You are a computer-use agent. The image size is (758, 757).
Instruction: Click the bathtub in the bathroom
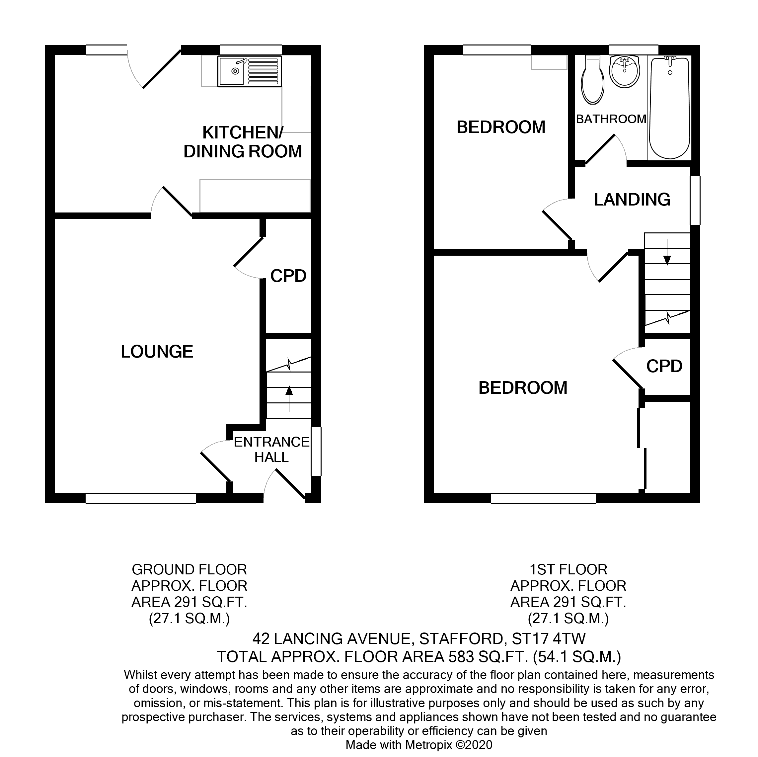click(x=670, y=108)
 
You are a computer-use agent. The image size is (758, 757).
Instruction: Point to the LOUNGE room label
click(x=157, y=352)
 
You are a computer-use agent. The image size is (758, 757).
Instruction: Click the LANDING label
click(x=632, y=200)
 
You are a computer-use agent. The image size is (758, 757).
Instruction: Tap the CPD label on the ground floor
click(x=288, y=276)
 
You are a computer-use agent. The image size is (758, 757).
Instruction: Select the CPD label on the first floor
click(x=664, y=367)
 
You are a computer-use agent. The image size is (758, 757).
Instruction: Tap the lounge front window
click(x=140, y=498)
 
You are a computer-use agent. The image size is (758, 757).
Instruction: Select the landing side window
click(x=695, y=201)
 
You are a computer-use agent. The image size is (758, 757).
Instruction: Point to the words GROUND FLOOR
click(x=189, y=569)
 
